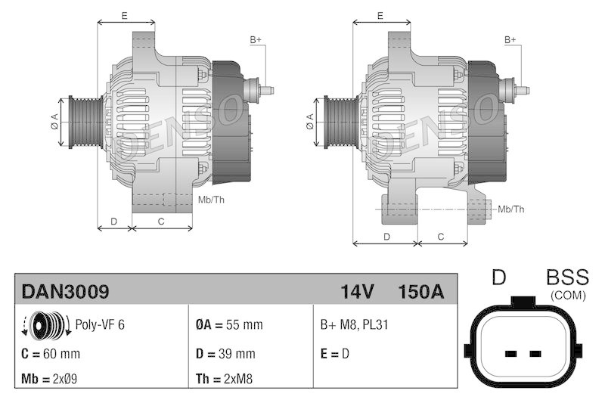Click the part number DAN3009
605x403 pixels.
click(x=65, y=291)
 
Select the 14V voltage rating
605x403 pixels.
click(x=357, y=291)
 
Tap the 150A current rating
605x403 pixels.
click(x=420, y=291)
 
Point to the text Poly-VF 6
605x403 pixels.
click(x=100, y=324)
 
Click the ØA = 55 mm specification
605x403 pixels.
click(x=229, y=324)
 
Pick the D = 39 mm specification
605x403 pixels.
click(x=225, y=353)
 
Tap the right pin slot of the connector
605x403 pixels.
click(x=535, y=353)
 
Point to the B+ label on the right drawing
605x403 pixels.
click(x=510, y=39)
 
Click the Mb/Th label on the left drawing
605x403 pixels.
click(x=211, y=200)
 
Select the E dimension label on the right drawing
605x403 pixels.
click(x=380, y=15)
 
